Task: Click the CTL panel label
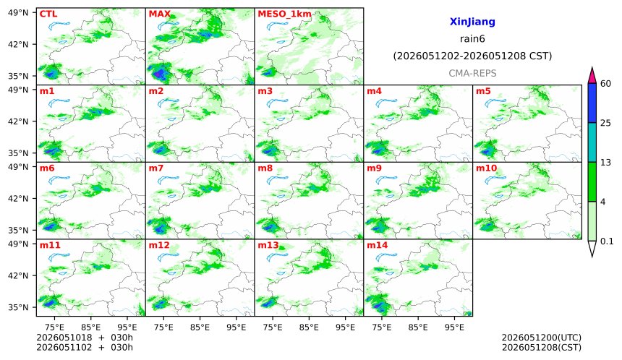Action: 48,14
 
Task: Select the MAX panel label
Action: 159,14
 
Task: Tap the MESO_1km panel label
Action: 284,14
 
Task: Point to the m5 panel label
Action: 483,91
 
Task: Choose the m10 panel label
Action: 486,168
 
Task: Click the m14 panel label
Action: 378,245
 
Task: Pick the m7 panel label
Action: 156,168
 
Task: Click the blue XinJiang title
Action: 472,22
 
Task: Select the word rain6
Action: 472,39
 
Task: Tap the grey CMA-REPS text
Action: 472,73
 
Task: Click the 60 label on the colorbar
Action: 606,84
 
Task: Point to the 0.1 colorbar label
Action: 607,241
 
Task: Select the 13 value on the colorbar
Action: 606,162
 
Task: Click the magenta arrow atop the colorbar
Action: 592,75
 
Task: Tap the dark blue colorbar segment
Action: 592,103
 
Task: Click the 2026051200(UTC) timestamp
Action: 542,338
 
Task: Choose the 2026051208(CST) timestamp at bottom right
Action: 542,348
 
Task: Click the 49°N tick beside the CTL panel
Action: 18,13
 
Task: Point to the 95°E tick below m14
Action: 454,327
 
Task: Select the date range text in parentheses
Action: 472,56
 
